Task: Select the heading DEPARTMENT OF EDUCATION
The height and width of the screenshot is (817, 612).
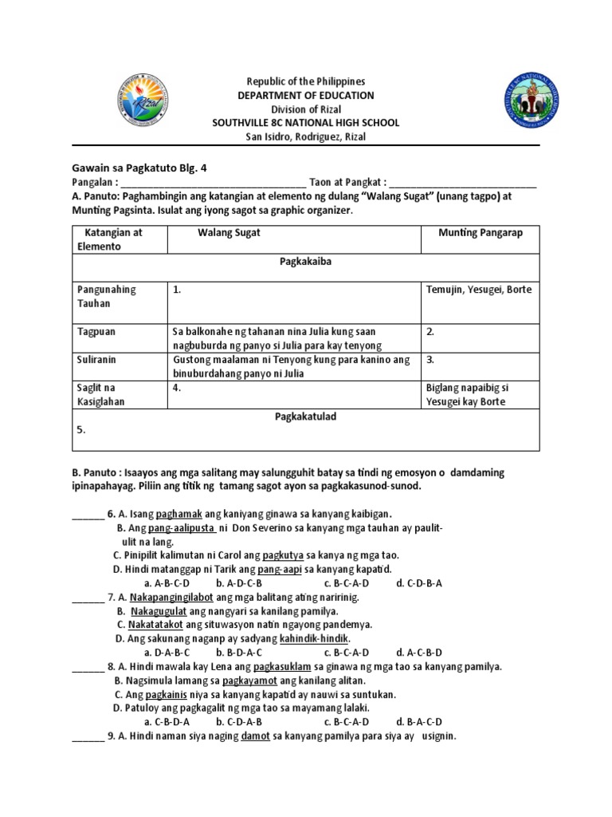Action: pos(306,96)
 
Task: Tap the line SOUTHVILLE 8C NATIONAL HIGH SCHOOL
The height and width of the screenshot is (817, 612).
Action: pos(306,123)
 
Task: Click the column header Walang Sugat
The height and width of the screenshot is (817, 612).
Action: pos(229,232)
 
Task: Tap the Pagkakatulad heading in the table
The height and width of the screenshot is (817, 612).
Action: pos(306,416)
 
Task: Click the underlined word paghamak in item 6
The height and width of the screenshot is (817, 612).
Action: pos(179,513)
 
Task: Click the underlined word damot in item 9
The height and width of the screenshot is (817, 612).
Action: pos(256,736)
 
